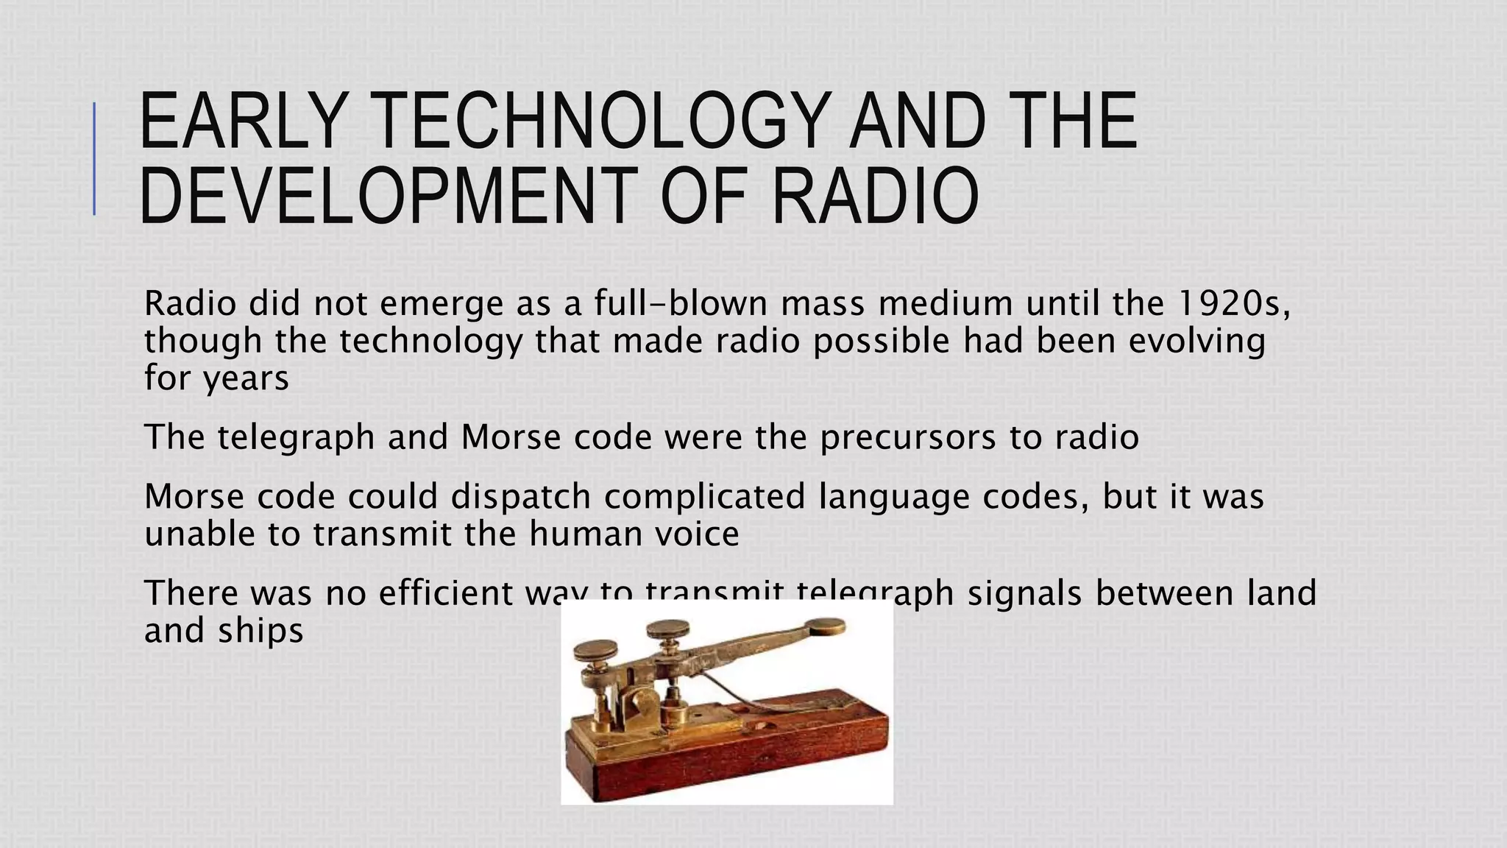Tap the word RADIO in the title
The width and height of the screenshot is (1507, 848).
pos(876,196)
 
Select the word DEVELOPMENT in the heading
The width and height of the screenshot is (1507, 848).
pos(383,196)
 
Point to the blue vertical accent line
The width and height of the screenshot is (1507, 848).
pos(94,158)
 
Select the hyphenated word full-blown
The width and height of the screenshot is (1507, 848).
pos(681,303)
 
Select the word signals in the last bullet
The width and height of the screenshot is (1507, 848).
pos(1024,593)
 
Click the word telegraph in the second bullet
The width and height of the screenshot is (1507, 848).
pos(296,437)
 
